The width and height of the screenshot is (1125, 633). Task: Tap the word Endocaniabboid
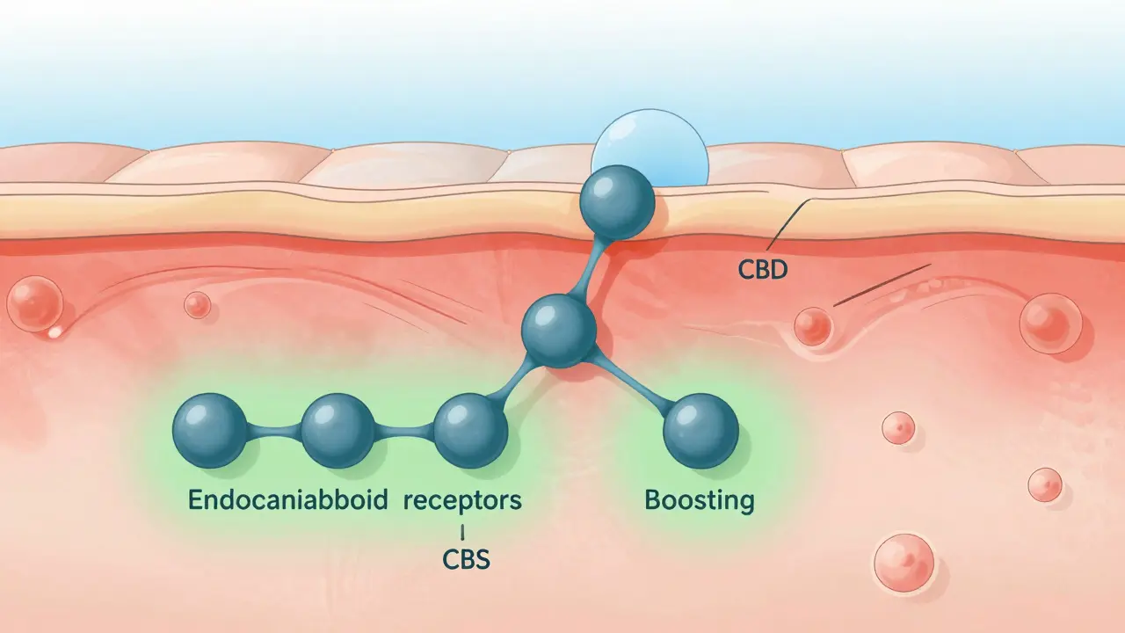coord(287,501)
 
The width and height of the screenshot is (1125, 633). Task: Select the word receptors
coord(462,501)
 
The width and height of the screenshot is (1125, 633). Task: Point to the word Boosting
coord(700,500)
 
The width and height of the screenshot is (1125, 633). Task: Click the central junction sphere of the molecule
coord(559,331)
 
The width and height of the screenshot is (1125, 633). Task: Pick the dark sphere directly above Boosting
coord(700,431)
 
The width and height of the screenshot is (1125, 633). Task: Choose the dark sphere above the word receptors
coord(471,431)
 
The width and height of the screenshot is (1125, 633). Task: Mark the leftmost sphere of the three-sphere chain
coord(210,431)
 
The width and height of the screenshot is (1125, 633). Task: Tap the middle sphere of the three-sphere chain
coord(337,431)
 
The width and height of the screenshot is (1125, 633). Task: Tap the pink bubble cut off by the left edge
coord(33,301)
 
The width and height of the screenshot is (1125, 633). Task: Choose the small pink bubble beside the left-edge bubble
coord(197,305)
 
